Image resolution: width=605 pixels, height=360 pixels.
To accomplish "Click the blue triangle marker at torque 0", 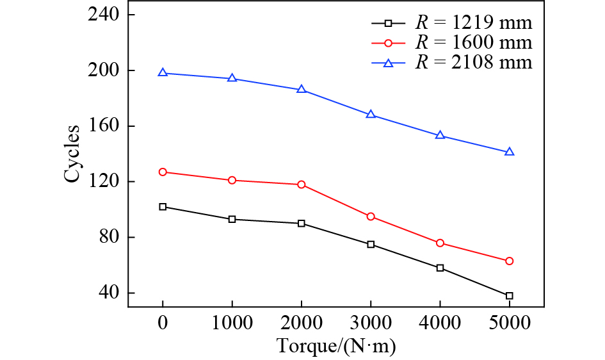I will pos(163,72).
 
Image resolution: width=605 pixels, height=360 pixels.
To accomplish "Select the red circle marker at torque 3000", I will pos(371,217).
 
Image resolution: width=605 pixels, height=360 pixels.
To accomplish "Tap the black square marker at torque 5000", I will pos(510,296).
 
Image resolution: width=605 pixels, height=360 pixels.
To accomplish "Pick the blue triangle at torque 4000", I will pos(440,135).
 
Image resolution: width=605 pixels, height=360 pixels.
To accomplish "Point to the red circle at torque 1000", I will pos(232,180).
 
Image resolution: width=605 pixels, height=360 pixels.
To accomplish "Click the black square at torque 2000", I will pos(302,224).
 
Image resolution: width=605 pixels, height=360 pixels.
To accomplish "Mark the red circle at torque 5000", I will pos(510,261).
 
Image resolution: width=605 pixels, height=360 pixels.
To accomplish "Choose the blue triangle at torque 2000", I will pos(302,89).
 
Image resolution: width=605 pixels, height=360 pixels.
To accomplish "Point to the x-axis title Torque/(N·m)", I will pos(336,347).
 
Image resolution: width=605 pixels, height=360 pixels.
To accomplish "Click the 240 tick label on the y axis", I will pos(103,15).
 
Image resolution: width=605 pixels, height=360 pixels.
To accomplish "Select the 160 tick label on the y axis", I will pos(103,126).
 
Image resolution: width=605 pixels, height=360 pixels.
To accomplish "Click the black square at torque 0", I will pos(163,207).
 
